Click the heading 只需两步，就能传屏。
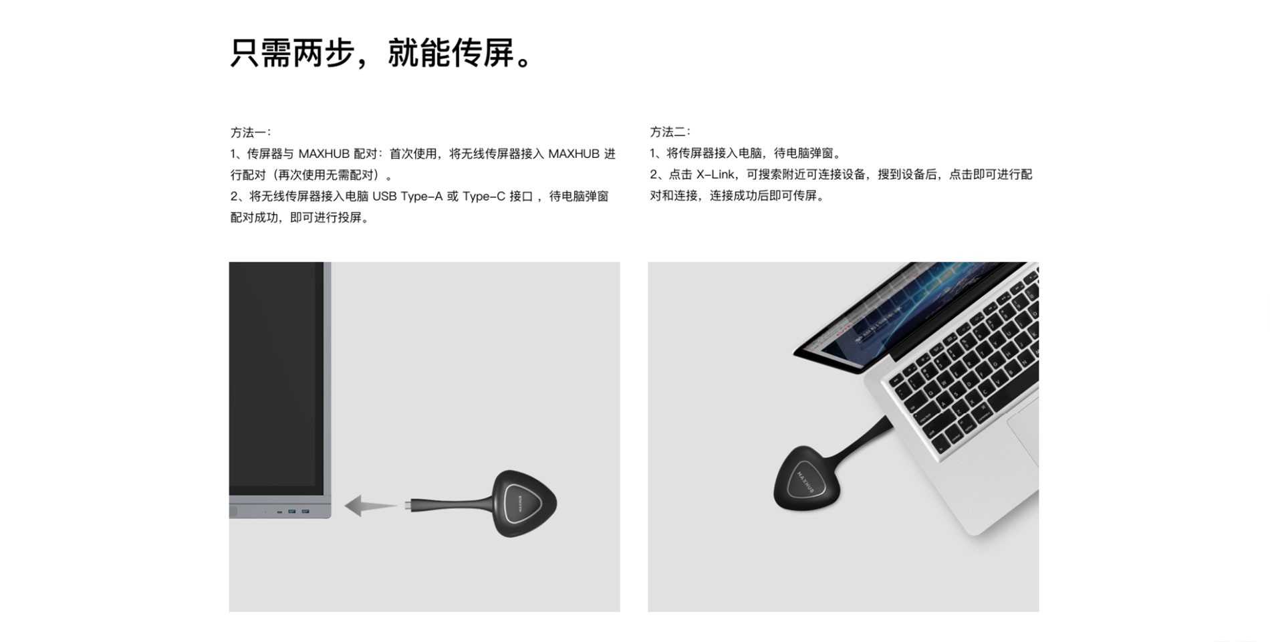pyautogui.click(x=382, y=53)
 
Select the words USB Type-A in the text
pyautogui.click(x=407, y=197)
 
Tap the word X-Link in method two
pyautogui.click(x=715, y=175)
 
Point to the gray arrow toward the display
pyautogui.click(x=369, y=506)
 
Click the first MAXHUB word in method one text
pyautogui.click(x=324, y=154)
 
